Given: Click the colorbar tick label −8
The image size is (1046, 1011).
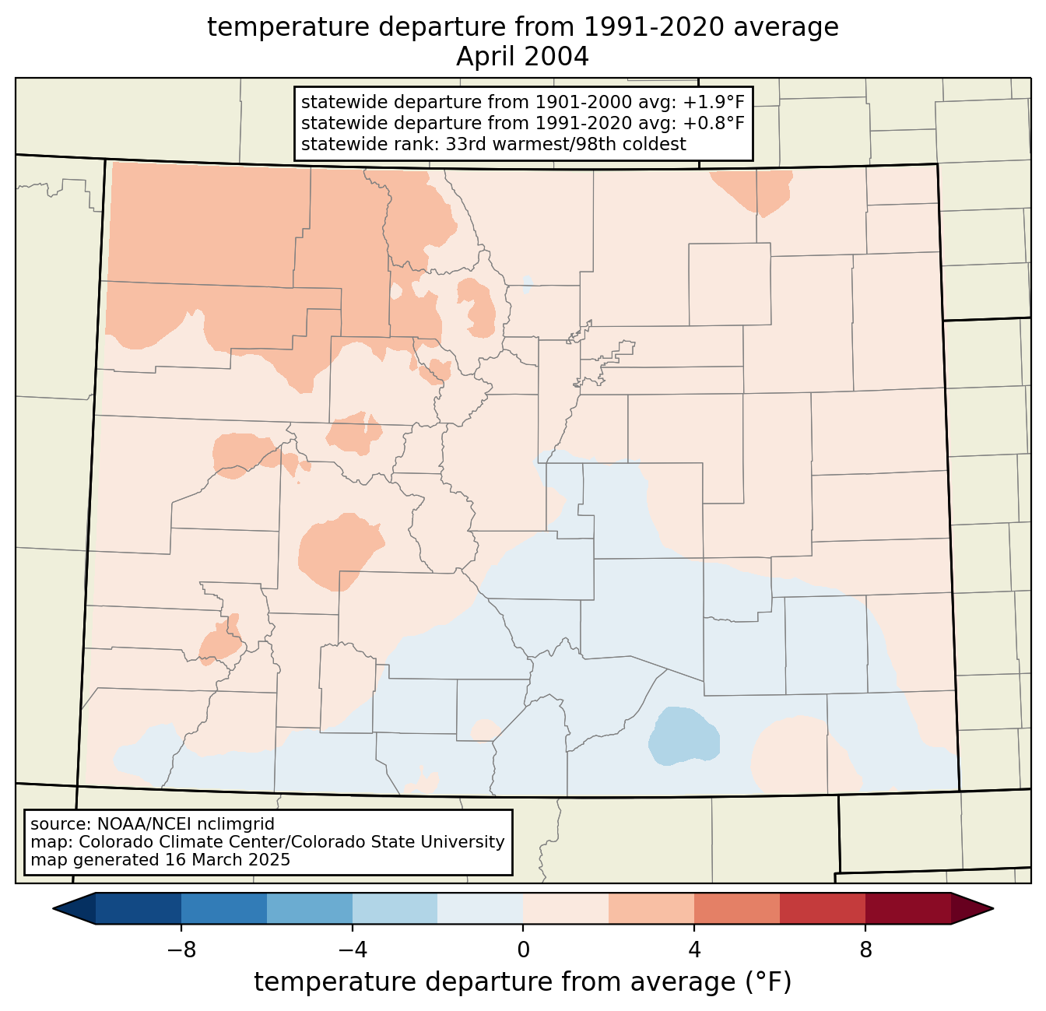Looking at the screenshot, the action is coord(181,950).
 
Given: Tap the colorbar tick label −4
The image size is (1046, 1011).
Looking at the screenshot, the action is coord(353,950).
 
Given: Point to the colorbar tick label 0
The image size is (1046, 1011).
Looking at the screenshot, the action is coord(523,950).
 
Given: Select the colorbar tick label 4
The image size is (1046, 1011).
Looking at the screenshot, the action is coord(694,950).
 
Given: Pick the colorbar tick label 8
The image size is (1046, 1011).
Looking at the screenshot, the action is coord(865,950).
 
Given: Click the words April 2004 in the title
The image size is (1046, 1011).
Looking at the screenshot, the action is coord(522,57).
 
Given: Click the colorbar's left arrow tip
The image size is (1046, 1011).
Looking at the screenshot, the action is coord(53,909).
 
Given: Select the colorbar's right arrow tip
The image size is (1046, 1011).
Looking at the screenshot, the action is coord(993,909).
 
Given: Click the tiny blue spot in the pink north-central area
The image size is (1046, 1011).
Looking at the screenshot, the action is coord(528,284).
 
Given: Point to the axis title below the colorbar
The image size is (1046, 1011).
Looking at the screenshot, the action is coord(522,981).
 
